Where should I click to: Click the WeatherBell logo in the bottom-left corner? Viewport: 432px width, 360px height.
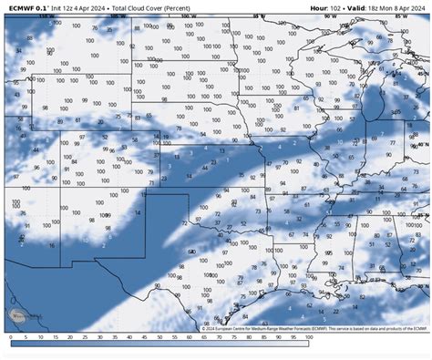coord(19,319)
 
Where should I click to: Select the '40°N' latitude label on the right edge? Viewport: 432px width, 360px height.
coord(422,144)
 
